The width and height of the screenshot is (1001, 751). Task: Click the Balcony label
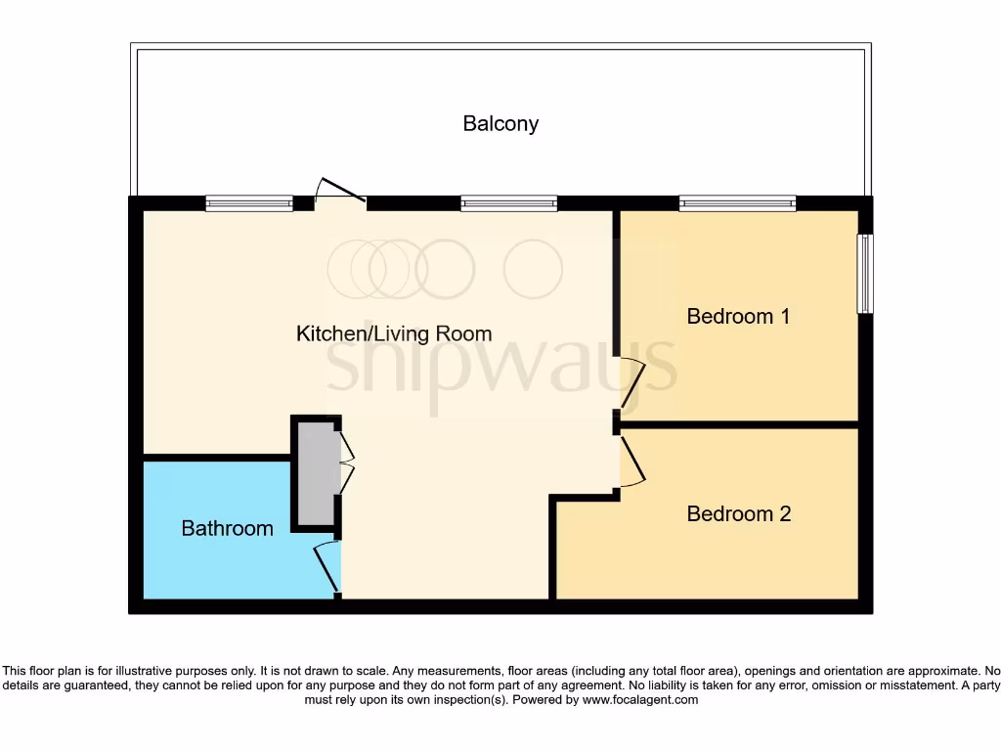pyautogui.click(x=500, y=124)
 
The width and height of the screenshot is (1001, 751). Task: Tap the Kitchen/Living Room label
pyautogui.click(x=394, y=334)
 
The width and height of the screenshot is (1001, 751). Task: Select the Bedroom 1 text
pyautogui.click(x=738, y=317)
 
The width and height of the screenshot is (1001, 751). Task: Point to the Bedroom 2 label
pyautogui.click(x=738, y=514)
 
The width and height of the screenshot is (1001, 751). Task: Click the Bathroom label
pyautogui.click(x=227, y=529)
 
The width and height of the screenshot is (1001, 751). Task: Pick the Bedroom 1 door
pyautogui.click(x=631, y=383)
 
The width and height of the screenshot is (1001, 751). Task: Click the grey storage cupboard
pyautogui.click(x=316, y=473)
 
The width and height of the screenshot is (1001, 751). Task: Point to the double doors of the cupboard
pyautogui.click(x=346, y=464)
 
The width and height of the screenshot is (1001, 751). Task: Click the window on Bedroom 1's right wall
pyautogui.click(x=864, y=274)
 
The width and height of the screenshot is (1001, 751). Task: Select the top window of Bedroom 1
pyautogui.click(x=737, y=204)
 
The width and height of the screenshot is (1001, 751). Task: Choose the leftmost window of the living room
pyautogui.click(x=249, y=204)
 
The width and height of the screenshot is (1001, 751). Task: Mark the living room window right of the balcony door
pyautogui.click(x=508, y=204)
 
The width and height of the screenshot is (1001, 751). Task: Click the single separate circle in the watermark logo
pyautogui.click(x=533, y=268)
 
